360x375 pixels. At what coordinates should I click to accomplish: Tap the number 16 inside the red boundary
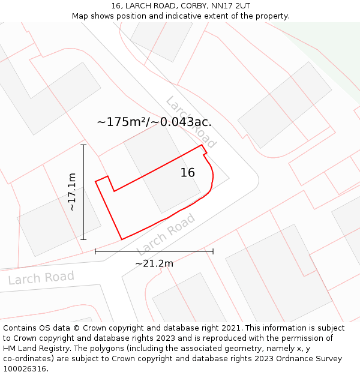188,173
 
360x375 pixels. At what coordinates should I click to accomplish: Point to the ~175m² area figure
119,122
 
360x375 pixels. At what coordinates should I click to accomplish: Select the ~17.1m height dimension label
71,192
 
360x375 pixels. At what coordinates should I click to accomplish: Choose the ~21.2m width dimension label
154,263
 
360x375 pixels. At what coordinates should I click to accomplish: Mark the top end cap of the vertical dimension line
83,145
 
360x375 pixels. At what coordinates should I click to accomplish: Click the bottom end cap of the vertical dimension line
83,239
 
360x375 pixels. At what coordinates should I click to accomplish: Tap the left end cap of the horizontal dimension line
95,251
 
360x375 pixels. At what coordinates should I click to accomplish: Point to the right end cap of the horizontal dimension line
213,251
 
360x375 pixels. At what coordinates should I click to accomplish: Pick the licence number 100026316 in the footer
24,369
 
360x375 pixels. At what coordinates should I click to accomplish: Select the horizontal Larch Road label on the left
41,278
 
